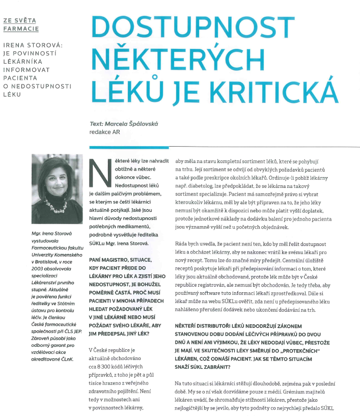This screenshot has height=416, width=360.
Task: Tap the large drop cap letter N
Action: [98, 173]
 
